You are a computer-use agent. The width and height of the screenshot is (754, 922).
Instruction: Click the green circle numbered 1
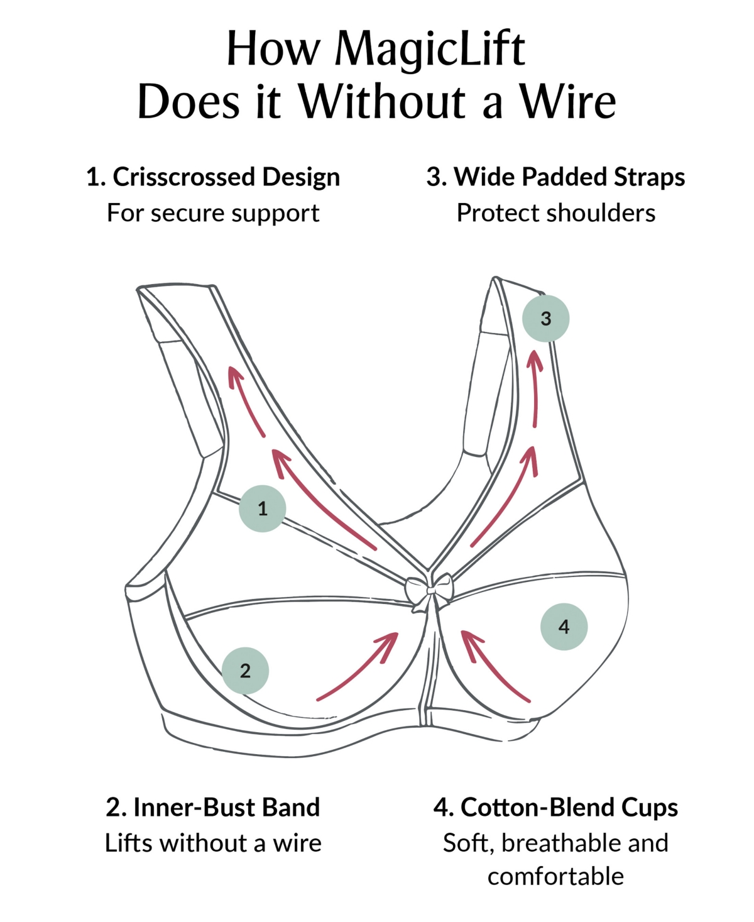click(x=262, y=508)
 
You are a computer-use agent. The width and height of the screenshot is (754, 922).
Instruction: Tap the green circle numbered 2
click(x=245, y=671)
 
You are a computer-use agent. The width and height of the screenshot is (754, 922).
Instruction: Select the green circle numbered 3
click(x=545, y=318)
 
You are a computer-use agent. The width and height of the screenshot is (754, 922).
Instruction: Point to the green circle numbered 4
click(x=564, y=627)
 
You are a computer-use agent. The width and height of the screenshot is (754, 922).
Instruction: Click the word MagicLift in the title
click(x=430, y=52)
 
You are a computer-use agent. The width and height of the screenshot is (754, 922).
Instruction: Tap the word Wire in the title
click(x=569, y=102)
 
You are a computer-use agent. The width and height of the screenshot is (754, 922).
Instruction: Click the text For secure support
click(x=213, y=213)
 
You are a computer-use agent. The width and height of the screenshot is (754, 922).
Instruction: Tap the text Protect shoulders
click(x=556, y=213)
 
